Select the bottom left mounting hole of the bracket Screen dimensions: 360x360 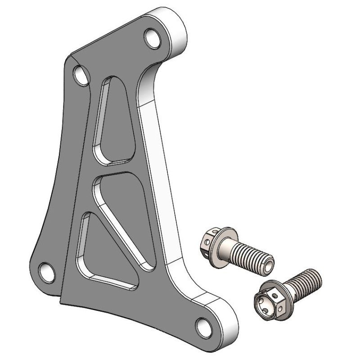45,271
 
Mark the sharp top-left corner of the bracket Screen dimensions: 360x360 73,56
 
